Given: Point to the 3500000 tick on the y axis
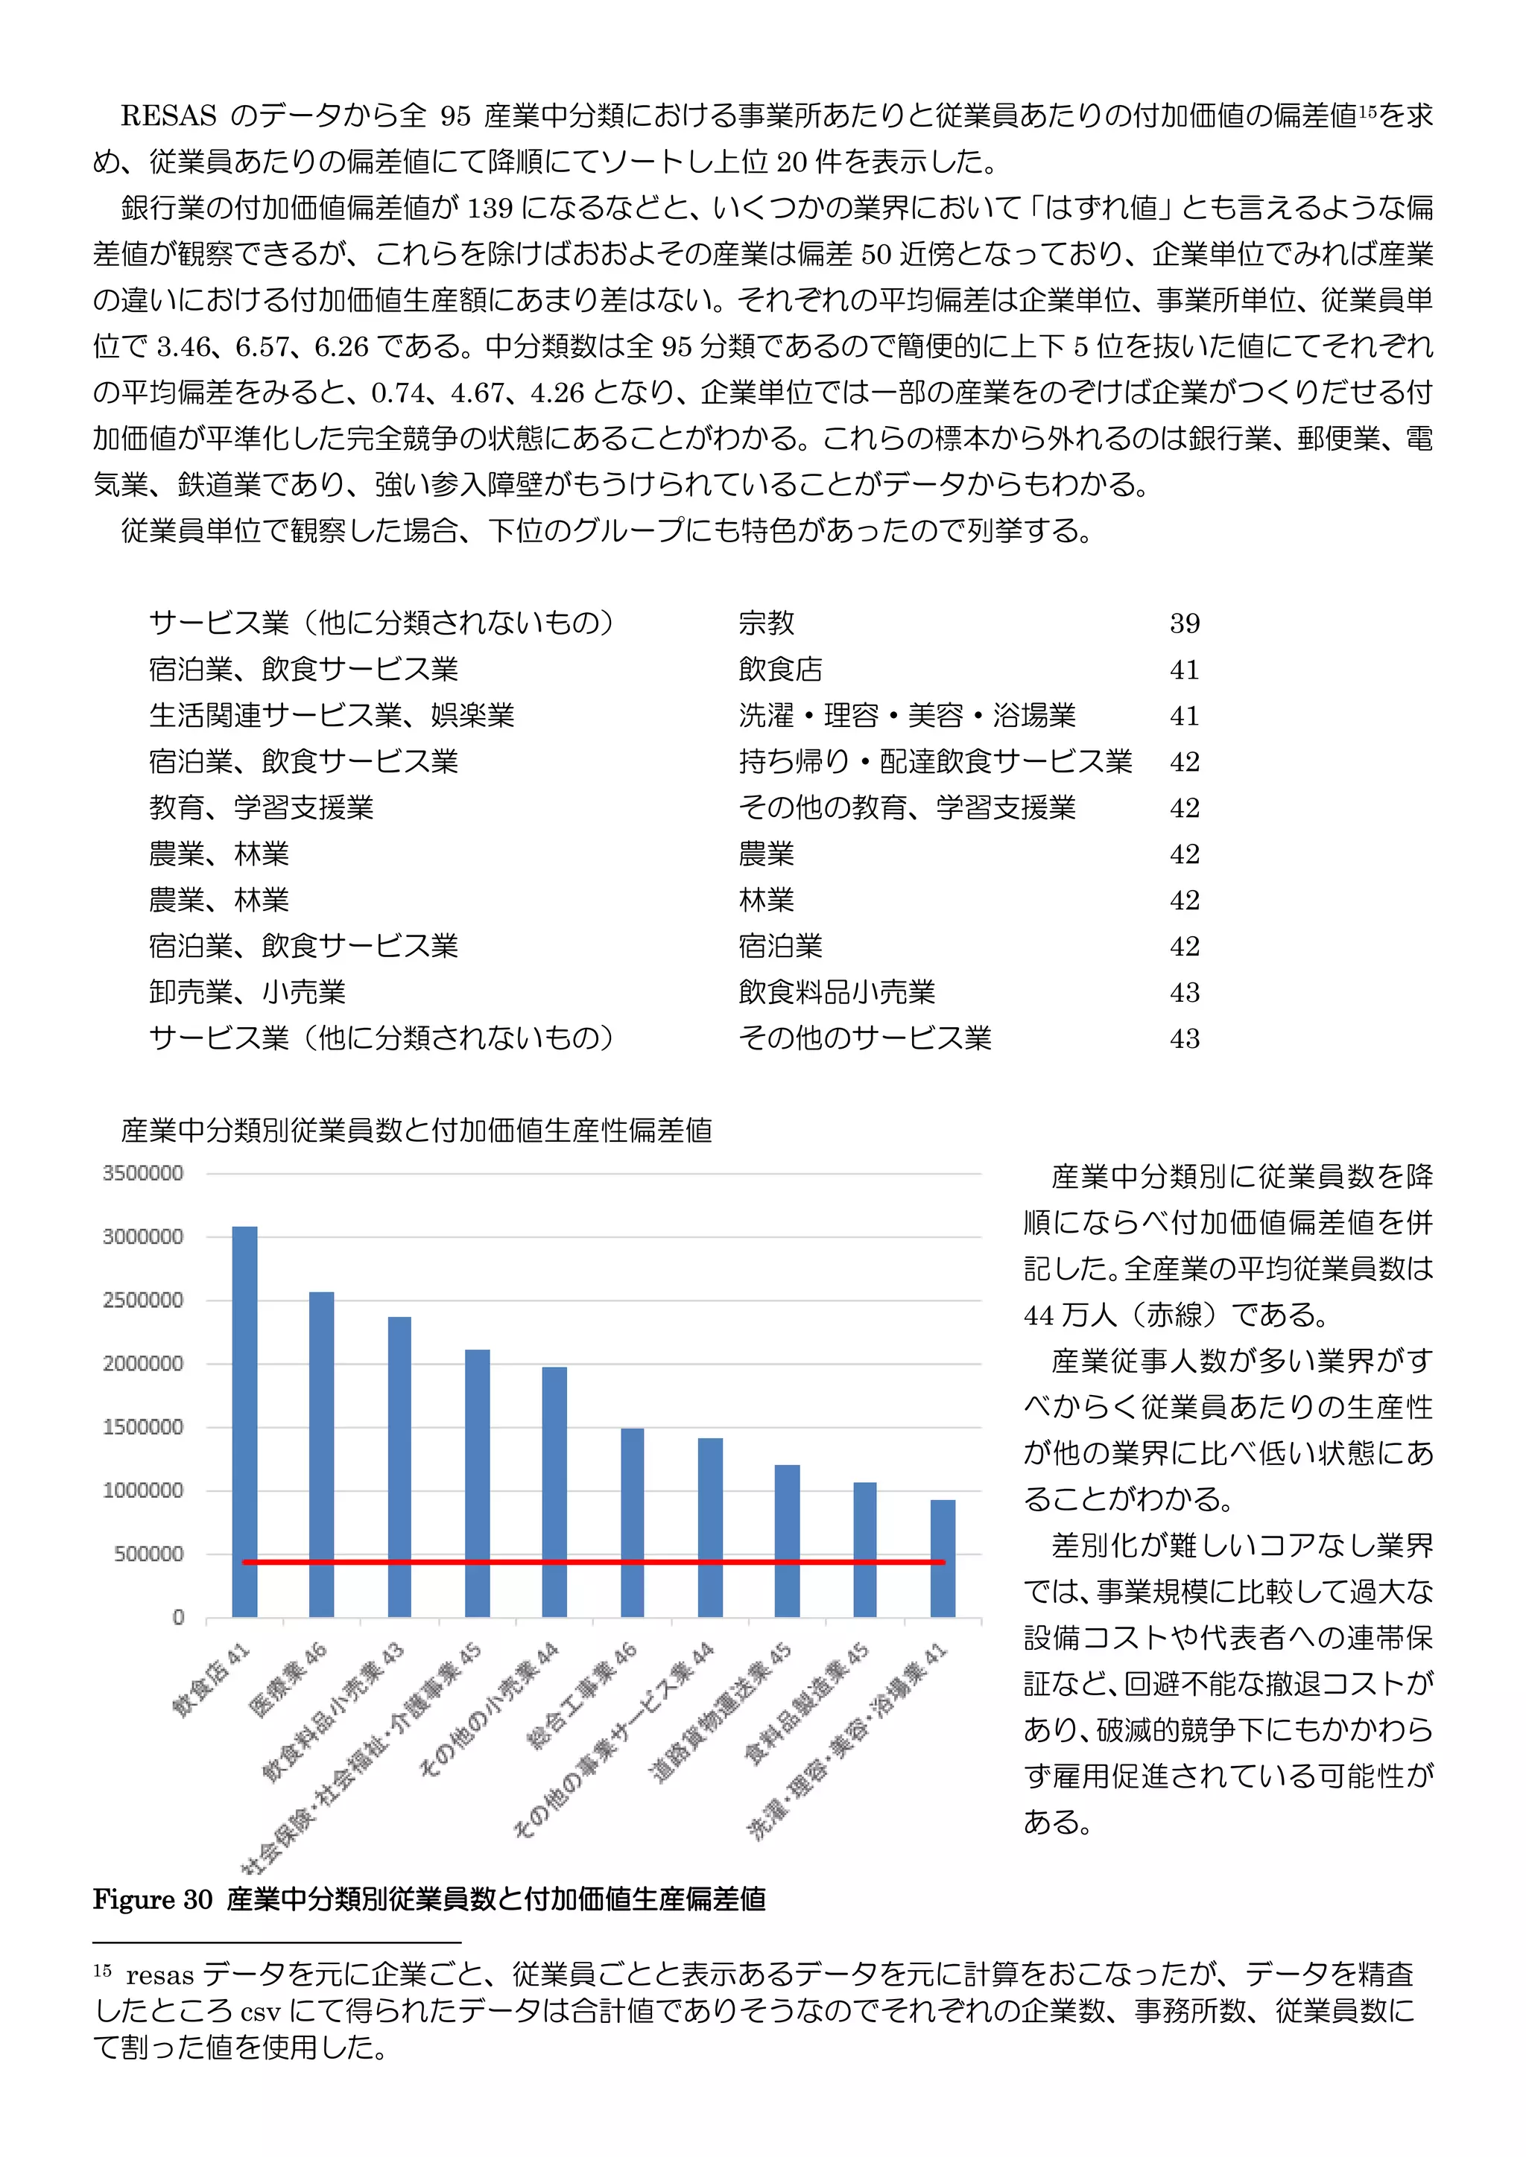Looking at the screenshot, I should coord(143,1173).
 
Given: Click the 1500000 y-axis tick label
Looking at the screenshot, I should coord(143,1427).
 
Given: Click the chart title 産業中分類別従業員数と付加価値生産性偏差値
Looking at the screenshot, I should coord(417,1130).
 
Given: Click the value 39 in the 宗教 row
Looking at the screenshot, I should coord(1184,623).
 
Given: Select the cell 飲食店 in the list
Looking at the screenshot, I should coord(780,669).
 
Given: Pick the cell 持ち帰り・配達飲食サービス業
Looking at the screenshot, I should coord(935,761).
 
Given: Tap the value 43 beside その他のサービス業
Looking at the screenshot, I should coord(1184,1038).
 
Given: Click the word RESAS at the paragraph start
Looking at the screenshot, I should coord(168,115).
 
